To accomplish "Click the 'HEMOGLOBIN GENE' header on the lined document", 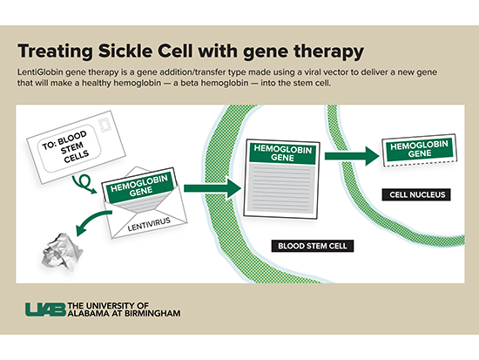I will click(276, 153).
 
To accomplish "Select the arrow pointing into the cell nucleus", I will click(352, 156).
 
